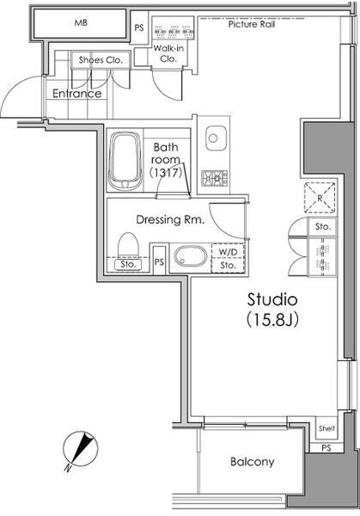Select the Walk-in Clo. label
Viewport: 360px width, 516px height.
[x=166, y=54]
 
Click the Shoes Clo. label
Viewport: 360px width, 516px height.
[x=102, y=60]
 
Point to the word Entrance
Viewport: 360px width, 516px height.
[x=77, y=94]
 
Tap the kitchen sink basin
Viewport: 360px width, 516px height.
[x=214, y=138]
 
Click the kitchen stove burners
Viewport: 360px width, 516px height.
[x=213, y=178]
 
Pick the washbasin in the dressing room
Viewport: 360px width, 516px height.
[x=187, y=256]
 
